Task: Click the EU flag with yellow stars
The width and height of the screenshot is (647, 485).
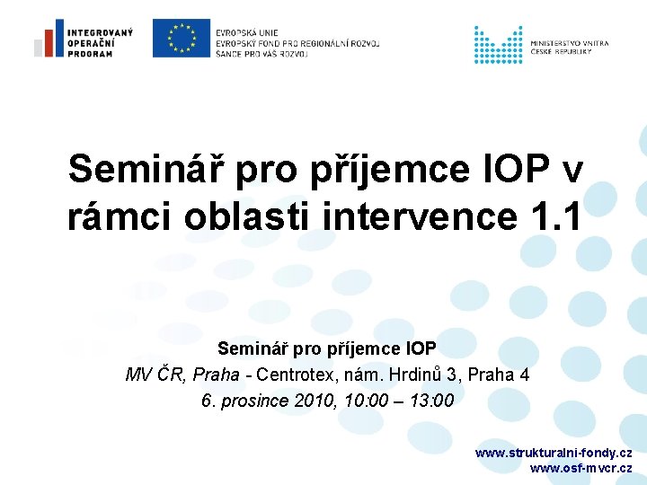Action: [181, 38]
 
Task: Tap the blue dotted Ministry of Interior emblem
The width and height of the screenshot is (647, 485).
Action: [498, 44]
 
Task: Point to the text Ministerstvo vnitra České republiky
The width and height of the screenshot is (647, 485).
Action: [569, 48]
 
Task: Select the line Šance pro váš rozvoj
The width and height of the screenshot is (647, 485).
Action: [261, 54]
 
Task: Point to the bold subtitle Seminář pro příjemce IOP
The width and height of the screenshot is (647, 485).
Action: [327, 348]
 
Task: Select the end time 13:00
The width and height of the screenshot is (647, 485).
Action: [431, 401]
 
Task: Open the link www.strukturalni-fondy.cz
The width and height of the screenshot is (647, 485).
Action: [553, 453]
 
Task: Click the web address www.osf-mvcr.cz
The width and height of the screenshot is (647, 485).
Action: [581, 468]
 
